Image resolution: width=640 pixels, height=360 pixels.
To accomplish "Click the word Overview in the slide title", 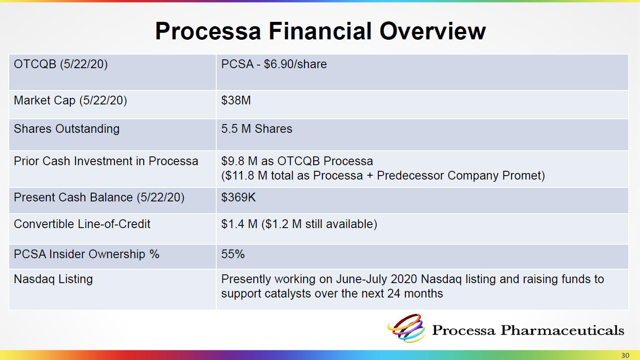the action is click(x=432, y=31).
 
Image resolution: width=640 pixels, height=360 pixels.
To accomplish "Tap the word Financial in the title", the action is click(x=320, y=31).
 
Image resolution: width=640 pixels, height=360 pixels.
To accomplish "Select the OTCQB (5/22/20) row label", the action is click(x=61, y=64).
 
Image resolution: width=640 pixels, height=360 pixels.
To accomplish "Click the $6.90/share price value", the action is click(x=295, y=64).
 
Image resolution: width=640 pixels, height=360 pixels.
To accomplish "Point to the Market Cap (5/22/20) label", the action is click(x=70, y=100).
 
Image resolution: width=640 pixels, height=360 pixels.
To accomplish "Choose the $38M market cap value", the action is click(x=236, y=100).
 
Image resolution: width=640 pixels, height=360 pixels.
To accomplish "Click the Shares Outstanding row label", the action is click(x=66, y=129).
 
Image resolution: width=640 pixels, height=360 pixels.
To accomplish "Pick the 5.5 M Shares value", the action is click(x=256, y=129).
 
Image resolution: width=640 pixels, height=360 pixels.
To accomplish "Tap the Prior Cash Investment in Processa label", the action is click(x=106, y=161).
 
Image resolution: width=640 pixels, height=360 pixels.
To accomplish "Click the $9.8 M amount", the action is click(x=239, y=161).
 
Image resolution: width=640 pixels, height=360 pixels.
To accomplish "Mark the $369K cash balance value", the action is click(x=238, y=197).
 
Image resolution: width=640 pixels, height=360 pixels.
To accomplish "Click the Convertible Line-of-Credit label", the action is click(x=82, y=224).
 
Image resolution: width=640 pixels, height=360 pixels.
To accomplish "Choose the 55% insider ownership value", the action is click(x=233, y=254).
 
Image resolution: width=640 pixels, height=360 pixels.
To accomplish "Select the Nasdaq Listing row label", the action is click(x=53, y=279).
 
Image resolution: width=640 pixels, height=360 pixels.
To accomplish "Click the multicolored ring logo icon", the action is click(x=406, y=328).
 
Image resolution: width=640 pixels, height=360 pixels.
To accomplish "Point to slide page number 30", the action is click(x=625, y=355).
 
